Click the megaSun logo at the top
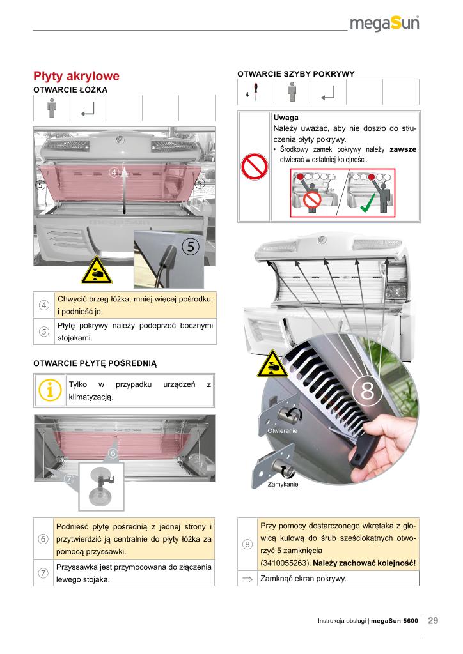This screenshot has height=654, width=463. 384,25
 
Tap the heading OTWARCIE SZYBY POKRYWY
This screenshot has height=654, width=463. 295,74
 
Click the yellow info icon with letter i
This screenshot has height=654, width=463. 50,390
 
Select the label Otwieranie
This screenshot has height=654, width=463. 282,432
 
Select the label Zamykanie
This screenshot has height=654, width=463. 283,484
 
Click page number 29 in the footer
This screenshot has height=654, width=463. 433,620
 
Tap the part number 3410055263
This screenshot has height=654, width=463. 286,563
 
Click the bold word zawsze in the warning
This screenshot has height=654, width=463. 403,149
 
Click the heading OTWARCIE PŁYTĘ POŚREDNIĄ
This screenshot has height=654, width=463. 95,363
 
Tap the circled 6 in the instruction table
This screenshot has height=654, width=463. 44,538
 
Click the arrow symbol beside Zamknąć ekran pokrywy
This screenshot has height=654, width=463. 247,579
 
